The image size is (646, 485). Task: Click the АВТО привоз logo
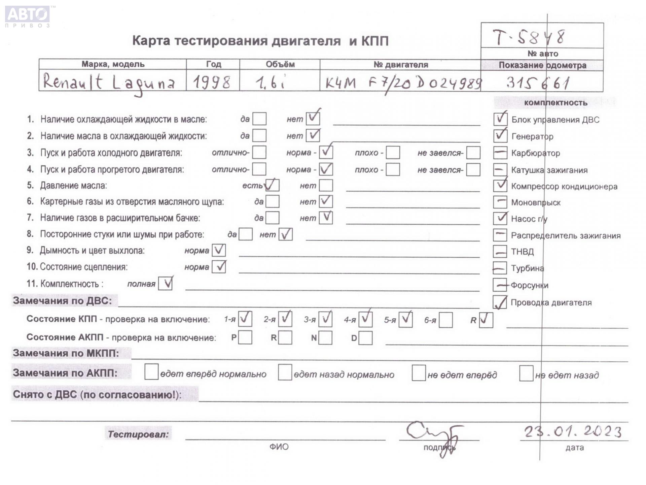[28, 16]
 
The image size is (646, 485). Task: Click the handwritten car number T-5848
[529, 37]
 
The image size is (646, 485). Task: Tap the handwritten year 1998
[212, 82]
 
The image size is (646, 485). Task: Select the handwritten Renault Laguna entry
[109, 83]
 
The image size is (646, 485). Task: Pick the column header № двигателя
[400, 65]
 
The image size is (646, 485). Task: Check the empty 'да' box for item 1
[259, 119]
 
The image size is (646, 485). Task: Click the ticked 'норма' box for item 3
[326, 152]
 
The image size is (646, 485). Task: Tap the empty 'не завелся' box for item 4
[473, 170]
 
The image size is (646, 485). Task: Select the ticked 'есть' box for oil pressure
[272, 185]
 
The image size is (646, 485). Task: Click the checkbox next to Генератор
[500, 136]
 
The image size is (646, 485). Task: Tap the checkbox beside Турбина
[500, 268]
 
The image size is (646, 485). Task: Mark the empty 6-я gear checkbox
[445, 320]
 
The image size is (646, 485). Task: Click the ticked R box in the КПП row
[486, 320]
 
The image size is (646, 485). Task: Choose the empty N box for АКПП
[325, 338]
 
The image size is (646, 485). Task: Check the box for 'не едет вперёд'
[419, 373]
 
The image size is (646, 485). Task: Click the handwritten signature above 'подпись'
[434, 434]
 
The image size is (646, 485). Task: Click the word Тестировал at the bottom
[138, 434]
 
